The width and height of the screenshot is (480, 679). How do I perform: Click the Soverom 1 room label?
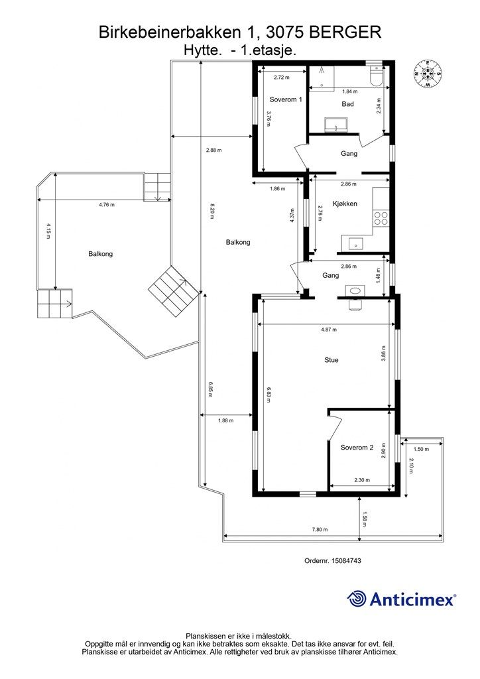[286, 99]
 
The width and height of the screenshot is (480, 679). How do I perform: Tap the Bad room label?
[347, 104]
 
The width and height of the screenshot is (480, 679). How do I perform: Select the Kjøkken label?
[345, 204]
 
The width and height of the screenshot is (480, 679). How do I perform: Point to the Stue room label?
[331, 360]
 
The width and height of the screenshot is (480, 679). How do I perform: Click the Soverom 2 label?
[357, 448]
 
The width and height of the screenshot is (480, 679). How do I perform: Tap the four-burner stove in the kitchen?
[381, 217]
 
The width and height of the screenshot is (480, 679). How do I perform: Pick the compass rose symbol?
[427, 73]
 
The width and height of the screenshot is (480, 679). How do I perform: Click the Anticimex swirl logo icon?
[357, 599]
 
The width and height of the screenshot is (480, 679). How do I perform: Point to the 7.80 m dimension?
[320, 530]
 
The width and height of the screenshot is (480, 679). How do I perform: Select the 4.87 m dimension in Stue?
[329, 330]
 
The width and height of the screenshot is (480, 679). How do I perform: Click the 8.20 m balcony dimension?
[211, 211]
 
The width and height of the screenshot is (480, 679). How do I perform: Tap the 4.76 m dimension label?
[107, 205]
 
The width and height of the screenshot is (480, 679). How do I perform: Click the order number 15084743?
[346, 560]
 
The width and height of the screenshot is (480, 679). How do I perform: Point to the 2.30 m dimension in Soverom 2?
[362, 480]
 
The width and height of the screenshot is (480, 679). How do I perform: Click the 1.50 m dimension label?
[421, 449]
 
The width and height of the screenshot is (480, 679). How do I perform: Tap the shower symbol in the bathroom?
[322, 71]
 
